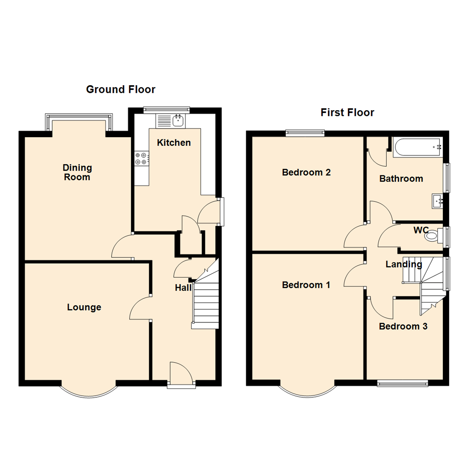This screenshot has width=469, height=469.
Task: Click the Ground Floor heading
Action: tap(120, 89)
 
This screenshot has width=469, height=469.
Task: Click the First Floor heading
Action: tap(347, 113)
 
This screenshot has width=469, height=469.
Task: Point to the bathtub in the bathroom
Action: tap(418, 148)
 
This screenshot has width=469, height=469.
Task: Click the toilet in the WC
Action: tap(433, 237)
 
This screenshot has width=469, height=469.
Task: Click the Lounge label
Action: tap(84, 307)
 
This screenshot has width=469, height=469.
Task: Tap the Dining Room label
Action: tap(77, 172)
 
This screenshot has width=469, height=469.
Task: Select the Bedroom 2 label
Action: tap(306, 172)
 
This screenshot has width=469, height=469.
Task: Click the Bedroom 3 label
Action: tap(403, 327)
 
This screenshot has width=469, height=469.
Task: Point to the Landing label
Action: tap(404, 264)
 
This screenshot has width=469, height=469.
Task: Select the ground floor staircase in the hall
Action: tap(205, 304)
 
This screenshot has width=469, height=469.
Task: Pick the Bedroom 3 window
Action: tap(402, 383)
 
